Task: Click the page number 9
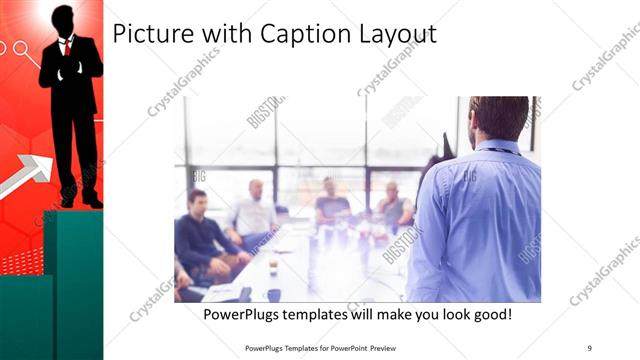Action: click(x=589, y=348)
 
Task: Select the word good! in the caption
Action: click(x=489, y=314)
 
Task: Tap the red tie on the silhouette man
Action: click(x=67, y=47)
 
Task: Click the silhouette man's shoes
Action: click(x=81, y=201)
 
